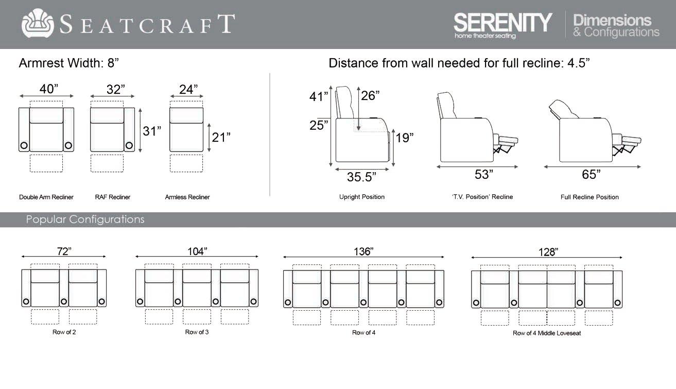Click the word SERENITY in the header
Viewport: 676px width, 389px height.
[502, 22]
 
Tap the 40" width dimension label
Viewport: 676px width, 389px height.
[49, 89]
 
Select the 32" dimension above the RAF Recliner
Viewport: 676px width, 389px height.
[116, 89]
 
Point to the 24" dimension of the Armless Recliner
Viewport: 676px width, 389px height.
[188, 89]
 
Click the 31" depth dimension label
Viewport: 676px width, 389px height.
[152, 131]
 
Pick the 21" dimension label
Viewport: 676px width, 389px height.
[221, 137]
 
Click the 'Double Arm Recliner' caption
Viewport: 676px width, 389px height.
[46, 197]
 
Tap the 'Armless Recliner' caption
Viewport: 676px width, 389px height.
[187, 197]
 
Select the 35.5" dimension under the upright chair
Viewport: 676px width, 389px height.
[361, 177]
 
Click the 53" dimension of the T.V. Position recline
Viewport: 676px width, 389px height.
[484, 175]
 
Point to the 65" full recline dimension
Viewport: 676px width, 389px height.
[591, 175]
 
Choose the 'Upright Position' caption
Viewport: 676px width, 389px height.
[362, 197]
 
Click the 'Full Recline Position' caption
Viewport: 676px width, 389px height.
[590, 197]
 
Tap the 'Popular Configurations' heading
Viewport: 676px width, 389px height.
[85, 219]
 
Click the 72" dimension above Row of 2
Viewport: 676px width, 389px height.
[63, 251]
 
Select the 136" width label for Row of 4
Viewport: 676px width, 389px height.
[363, 251]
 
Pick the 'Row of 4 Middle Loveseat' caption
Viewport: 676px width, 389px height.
[547, 333]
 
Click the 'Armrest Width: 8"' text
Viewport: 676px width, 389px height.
[69, 63]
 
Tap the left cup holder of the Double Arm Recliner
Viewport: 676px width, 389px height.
[24, 145]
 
